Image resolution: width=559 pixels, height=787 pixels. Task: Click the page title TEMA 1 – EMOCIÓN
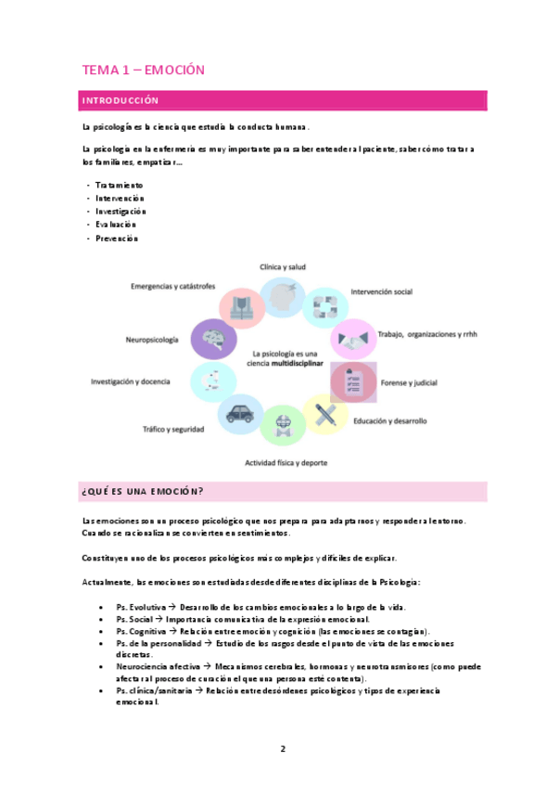click(x=143, y=70)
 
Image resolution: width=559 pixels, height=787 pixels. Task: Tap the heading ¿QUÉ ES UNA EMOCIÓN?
click(x=144, y=491)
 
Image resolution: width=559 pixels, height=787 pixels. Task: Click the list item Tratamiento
click(x=120, y=186)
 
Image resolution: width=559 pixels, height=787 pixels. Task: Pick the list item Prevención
click(x=117, y=239)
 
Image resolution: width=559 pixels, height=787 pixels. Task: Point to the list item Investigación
click(x=121, y=212)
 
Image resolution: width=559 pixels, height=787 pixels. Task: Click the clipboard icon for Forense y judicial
click(x=354, y=381)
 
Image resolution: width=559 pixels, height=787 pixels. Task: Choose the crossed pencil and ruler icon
click(x=325, y=415)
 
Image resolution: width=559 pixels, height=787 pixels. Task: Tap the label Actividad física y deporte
click(x=286, y=461)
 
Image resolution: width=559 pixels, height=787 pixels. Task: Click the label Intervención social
click(x=381, y=291)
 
